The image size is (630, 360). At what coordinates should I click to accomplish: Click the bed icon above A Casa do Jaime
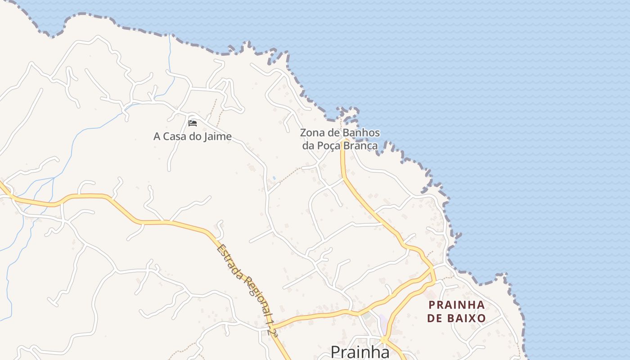[193, 123]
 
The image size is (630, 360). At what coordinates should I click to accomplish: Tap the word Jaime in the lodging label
[217, 136]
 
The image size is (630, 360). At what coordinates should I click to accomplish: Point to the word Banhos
[361, 133]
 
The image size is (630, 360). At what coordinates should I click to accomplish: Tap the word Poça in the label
[329, 145]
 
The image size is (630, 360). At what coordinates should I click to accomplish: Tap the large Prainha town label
[360, 351]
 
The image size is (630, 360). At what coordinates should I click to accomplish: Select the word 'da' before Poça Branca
[308, 145]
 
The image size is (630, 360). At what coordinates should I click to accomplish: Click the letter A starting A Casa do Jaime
[157, 136]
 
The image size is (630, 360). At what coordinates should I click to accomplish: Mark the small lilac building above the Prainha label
[382, 321]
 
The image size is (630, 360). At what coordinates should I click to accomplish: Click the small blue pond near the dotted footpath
[274, 179]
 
